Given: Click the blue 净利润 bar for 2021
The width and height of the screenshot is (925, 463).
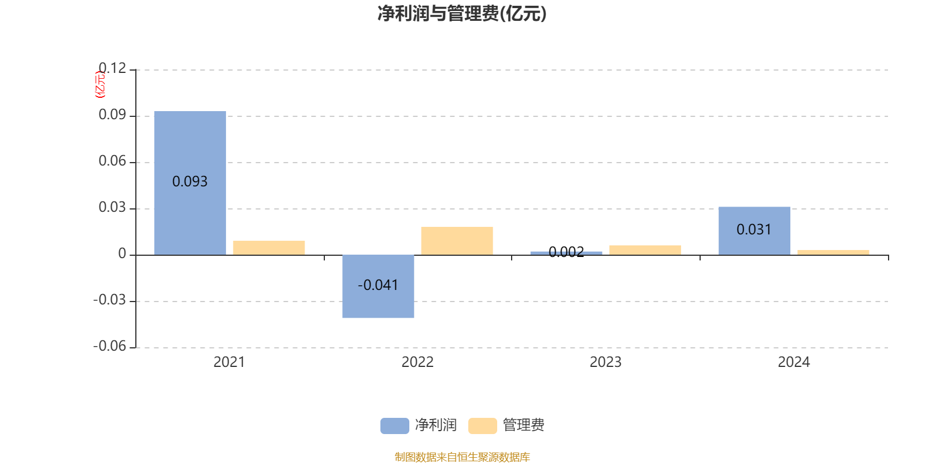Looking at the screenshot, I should (190, 145).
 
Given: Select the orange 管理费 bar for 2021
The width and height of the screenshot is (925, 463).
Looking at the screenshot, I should (269, 248).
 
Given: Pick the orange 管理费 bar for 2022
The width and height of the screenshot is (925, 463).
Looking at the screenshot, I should (457, 241).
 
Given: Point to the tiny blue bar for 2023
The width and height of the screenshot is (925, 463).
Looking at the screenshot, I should (566, 253).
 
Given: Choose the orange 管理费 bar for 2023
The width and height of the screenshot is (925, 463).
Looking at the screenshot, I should (645, 250).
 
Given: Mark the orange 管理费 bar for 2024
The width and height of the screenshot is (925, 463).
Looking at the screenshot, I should (833, 252).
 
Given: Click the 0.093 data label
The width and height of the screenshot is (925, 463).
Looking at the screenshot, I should (190, 182).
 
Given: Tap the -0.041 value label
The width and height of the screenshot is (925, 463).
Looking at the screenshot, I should (378, 285).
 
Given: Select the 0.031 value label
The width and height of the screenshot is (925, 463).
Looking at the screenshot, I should (754, 230).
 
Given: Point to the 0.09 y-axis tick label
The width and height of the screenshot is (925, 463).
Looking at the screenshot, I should (112, 115).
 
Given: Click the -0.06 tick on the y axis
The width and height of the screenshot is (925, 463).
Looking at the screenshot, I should (109, 346).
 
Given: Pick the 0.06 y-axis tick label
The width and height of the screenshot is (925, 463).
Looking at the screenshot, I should (112, 161).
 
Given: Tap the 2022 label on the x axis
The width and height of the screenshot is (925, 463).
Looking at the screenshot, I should (417, 362).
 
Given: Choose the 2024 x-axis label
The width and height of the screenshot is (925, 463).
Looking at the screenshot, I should (794, 362).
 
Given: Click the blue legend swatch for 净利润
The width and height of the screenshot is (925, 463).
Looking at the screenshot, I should (394, 426).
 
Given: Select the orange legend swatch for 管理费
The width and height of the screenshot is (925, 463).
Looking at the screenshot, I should (482, 426).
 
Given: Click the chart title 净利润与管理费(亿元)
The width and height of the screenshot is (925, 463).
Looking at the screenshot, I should (462, 14).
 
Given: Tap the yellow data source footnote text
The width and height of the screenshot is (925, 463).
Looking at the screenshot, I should (462, 457).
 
